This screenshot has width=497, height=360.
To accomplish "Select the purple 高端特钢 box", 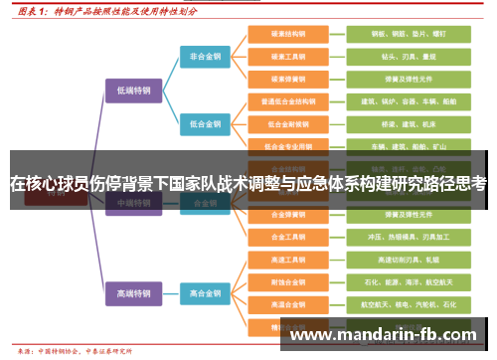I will (132, 293).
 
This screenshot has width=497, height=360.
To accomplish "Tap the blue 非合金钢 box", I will (206, 57).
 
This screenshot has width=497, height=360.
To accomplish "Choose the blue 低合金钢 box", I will (206, 124).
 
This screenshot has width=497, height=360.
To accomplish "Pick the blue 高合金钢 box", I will (206, 293).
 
